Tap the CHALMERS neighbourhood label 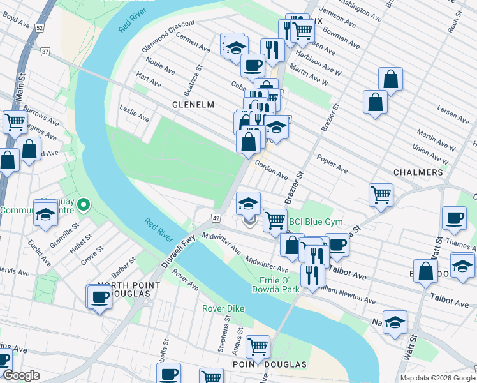pos(418,173)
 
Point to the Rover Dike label pos(223,308)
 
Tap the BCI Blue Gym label pos(316,222)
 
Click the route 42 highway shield pos(217,218)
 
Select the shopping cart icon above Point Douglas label pos(258,347)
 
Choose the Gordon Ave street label pos(271,169)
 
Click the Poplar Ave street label pos(334,168)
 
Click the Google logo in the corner pos(21,376)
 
